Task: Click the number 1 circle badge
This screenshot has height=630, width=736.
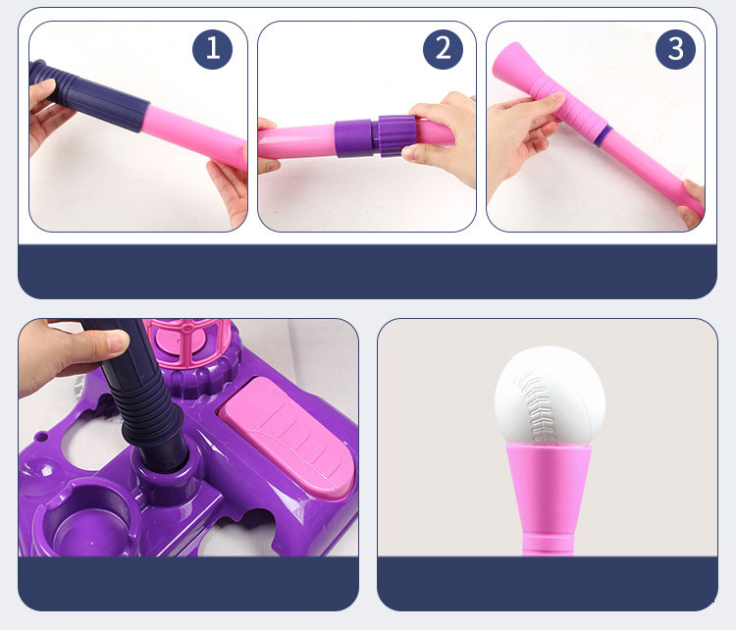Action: [212, 49]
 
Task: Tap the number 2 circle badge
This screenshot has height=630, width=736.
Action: [443, 49]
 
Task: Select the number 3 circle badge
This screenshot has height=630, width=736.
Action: [675, 49]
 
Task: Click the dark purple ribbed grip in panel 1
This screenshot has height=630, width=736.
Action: [89, 96]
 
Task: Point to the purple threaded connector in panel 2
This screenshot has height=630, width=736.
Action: [376, 136]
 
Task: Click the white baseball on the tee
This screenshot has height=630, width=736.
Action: [550, 395]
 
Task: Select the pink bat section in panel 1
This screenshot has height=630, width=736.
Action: [195, 137]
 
